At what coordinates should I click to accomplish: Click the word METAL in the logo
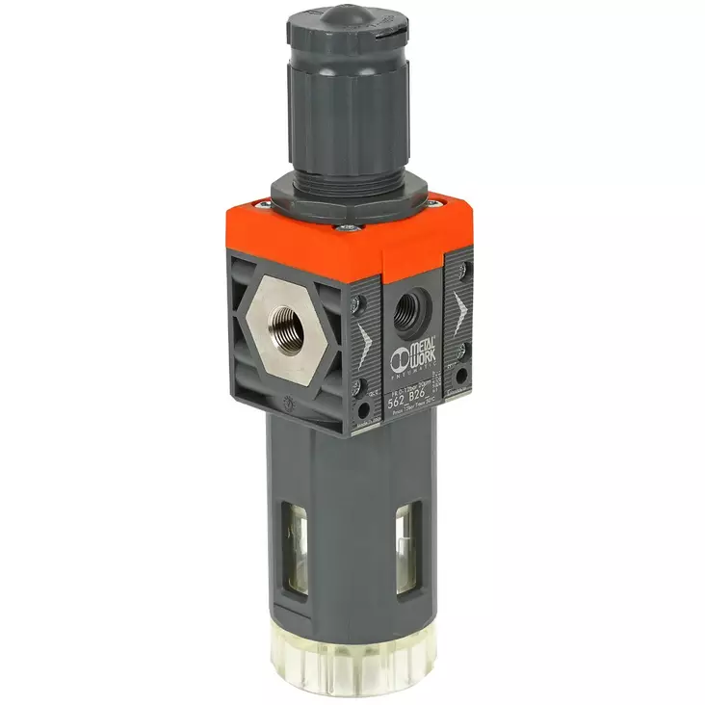click(x=421, y=344)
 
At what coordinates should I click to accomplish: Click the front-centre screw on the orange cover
click(x=348, y=229)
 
